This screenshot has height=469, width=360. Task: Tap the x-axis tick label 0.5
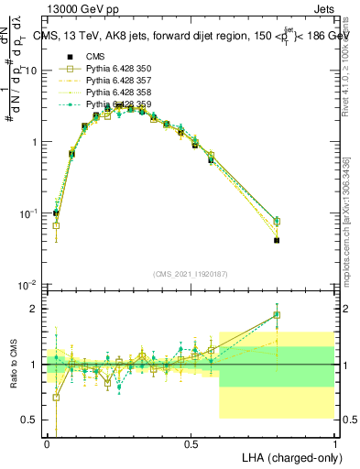(x=191, y=443)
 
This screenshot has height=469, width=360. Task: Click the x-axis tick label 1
(x=335, y=443)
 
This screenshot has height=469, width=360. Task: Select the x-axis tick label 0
(x=47, y=443)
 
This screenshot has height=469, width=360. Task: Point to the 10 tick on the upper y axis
(x=32, y=71)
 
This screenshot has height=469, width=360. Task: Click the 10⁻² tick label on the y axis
(x=29, y=284)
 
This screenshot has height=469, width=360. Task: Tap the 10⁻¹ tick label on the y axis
(x=29, y=213)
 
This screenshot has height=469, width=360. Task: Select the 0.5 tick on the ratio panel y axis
(x=33, y=420)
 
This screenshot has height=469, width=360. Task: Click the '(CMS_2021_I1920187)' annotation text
(x=191, y=273)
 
